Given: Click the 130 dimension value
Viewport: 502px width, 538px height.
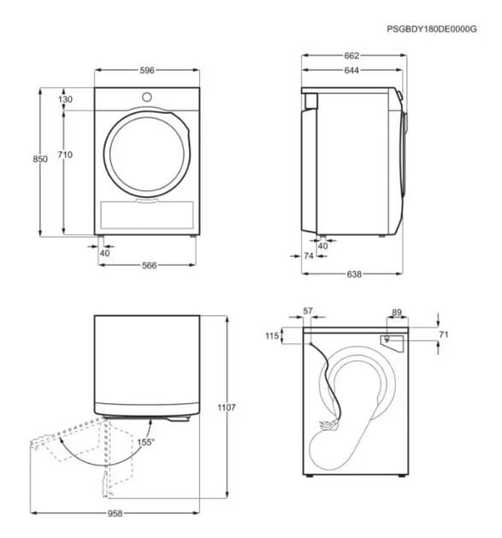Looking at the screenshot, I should tap(66, 99).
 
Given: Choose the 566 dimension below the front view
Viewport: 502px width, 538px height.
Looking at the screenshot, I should tap(149, 266).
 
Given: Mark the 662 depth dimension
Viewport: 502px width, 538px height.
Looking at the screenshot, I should tap(351, 56).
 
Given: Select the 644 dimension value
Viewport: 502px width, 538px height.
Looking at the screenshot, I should tap(351, 71).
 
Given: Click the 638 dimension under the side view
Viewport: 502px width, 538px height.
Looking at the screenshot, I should tap(354, 274).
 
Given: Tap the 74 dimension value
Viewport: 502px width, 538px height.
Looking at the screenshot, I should tap(309, 256).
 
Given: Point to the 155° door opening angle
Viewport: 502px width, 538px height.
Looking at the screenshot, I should tap(145, 442).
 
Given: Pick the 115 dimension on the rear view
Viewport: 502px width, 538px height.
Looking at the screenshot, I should tap(273, 336).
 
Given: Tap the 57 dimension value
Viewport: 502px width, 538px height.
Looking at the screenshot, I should tap(309, 313).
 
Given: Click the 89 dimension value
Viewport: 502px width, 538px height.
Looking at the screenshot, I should tap(396, 313).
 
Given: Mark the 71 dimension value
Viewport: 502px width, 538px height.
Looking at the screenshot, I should tap(443, 335).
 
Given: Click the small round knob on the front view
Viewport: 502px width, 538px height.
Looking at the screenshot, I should tap(146, 96).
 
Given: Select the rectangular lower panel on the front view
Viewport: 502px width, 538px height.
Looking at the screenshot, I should tap(147, 213).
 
